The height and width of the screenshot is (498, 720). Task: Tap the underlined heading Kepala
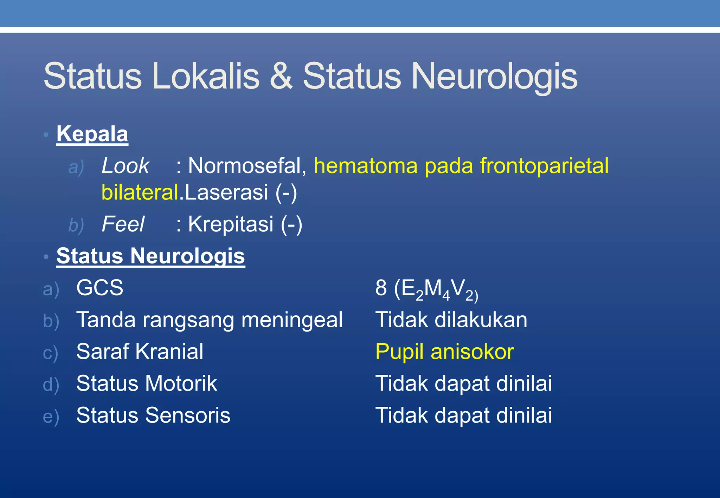tap(92, 134)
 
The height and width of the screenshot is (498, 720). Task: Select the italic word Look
tap(125, 166)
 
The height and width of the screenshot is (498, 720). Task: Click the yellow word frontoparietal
tap(544, 166)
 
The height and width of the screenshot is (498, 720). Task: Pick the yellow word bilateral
tap(140, 192)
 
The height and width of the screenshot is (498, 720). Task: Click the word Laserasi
tap(226, 192)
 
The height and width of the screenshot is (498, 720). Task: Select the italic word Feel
tap(123, 224)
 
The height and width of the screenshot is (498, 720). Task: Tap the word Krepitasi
tap(231, 224)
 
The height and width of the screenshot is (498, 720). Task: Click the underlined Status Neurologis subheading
tap(150, 256)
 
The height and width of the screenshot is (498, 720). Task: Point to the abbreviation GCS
tap(100, 288)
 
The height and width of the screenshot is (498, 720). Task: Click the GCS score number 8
tap(381, 288)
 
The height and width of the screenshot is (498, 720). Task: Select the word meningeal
tap(292, 320)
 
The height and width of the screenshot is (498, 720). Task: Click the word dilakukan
tap(481, 320)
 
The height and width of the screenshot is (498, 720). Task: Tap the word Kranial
tap(169, 352)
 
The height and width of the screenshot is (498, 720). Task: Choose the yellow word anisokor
tap(472, 352)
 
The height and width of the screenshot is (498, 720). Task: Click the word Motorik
tap(181, 383)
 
